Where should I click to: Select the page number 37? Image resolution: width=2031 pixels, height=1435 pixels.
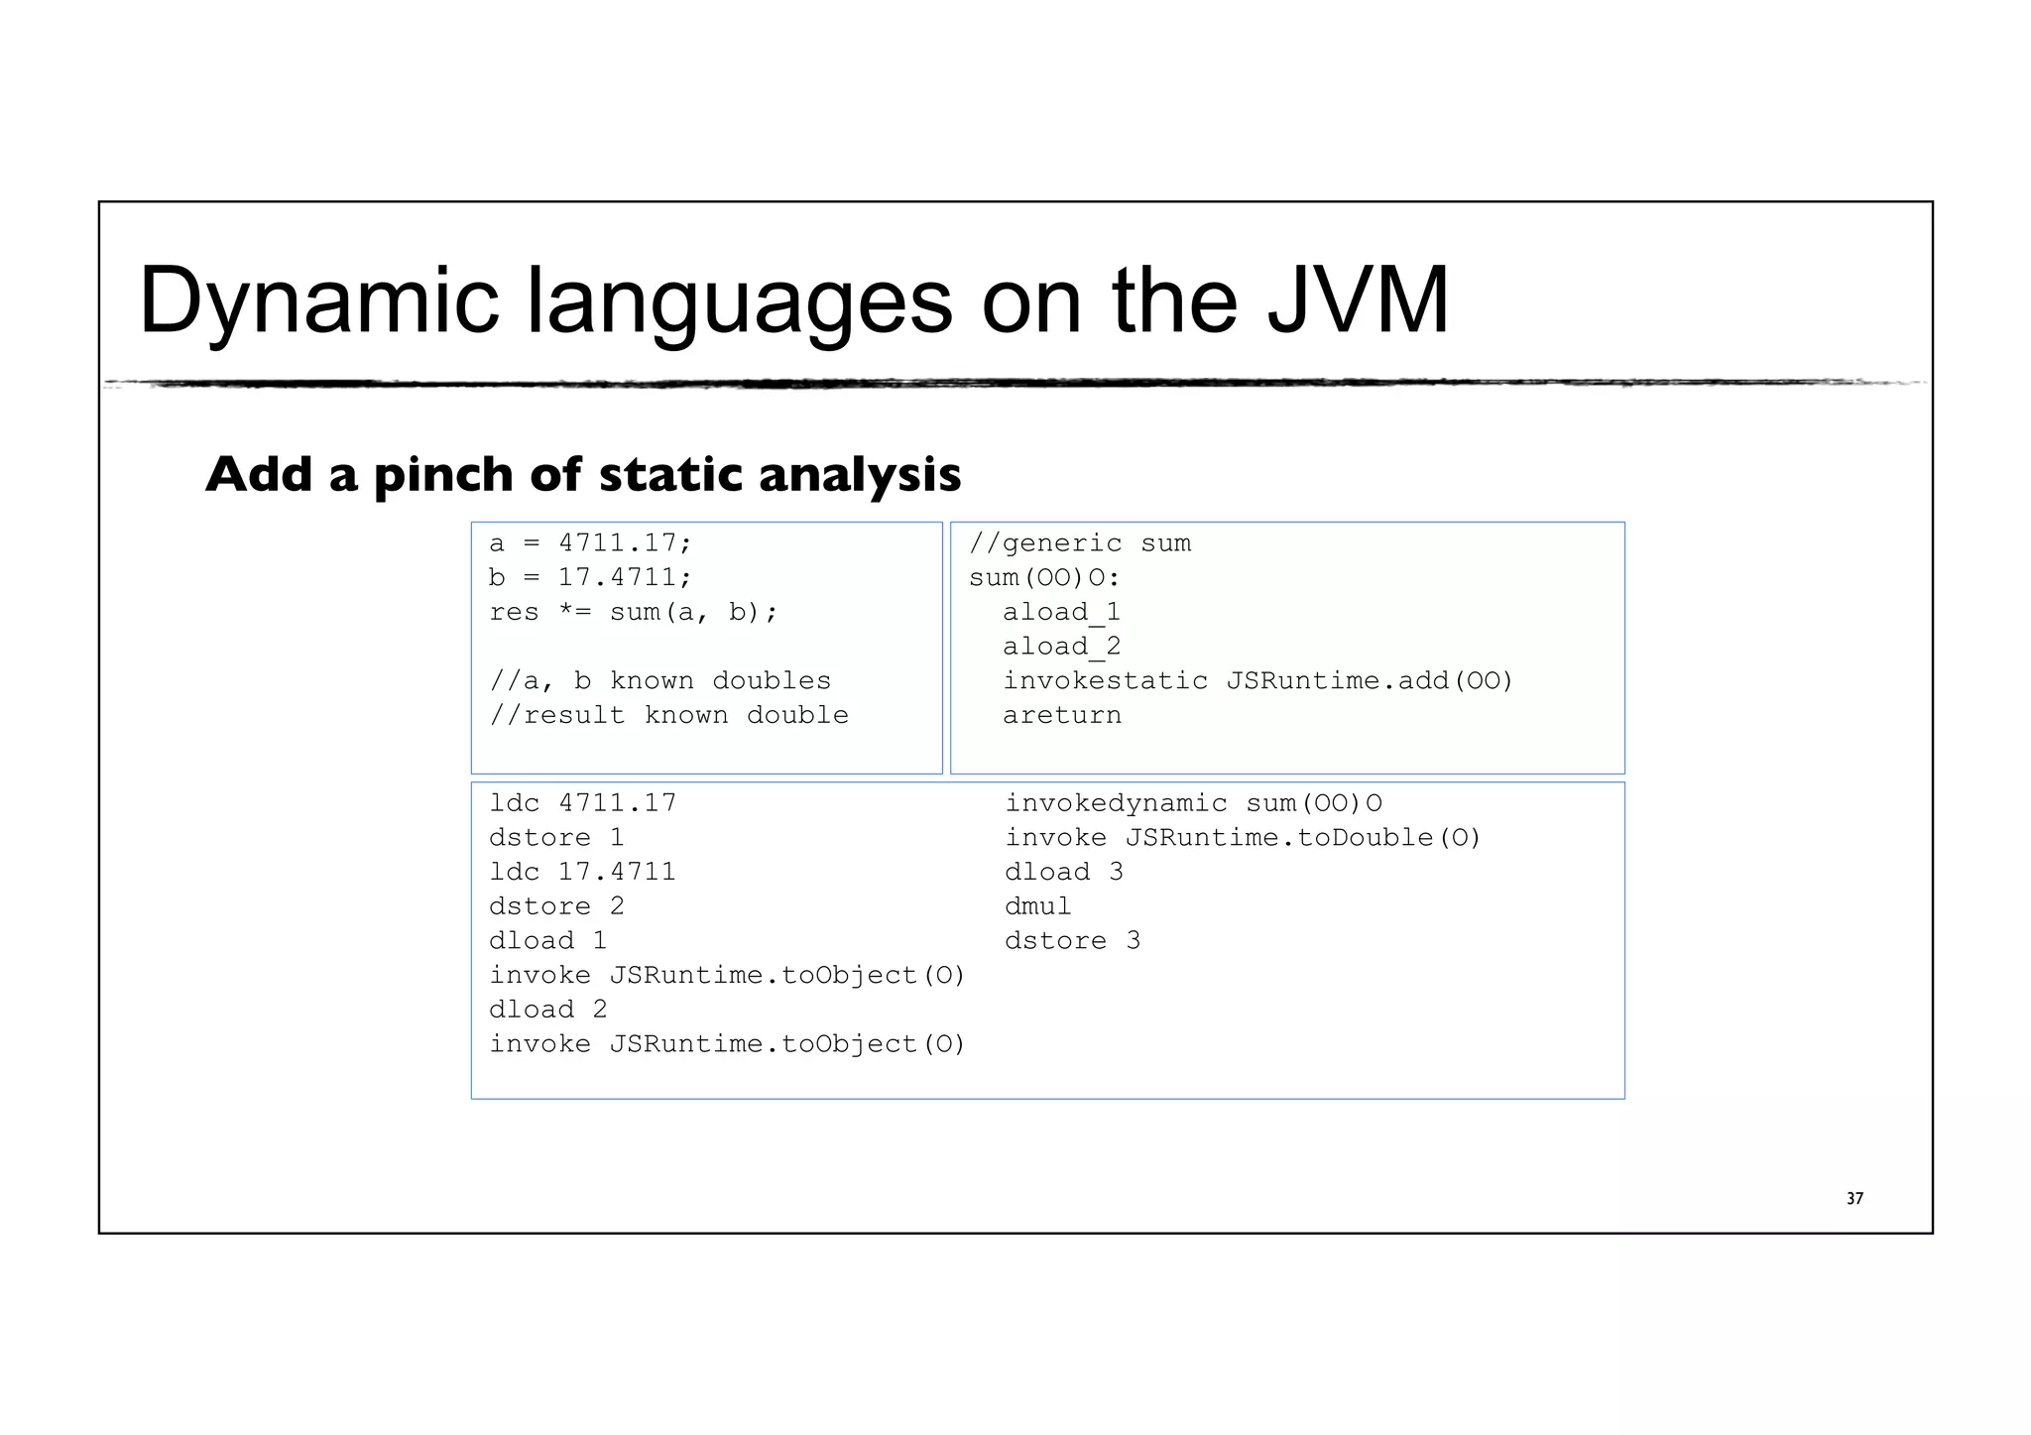[1854, 1199]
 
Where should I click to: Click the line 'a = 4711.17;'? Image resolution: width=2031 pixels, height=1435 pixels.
[590, 543]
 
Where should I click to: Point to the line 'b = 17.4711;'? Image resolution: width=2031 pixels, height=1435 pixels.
[590, 577]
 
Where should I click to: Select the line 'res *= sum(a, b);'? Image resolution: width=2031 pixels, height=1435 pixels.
[634, 612]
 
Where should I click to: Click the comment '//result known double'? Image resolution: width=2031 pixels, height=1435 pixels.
[668, 715]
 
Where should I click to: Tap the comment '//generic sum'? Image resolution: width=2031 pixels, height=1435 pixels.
[1079, 543]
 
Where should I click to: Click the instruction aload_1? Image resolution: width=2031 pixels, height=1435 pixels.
[1061, 612]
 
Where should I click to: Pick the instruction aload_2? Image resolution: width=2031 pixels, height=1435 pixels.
[1061, 647]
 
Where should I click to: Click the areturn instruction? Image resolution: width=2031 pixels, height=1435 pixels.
[1061, 715]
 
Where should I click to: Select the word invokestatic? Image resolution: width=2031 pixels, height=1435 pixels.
[1105, 681]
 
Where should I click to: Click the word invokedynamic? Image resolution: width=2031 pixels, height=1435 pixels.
[1116, 803]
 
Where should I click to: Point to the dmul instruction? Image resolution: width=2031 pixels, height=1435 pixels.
[1037, 906]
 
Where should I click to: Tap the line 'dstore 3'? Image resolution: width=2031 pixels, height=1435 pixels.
[1072, 941]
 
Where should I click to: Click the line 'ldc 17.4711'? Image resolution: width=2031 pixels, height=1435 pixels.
[582, 872]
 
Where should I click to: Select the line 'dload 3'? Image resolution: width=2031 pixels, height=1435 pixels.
[1063, 872]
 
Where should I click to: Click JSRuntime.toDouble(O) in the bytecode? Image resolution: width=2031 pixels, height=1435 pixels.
[1303, 838]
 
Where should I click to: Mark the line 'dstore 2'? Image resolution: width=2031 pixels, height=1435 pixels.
[556, 906]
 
